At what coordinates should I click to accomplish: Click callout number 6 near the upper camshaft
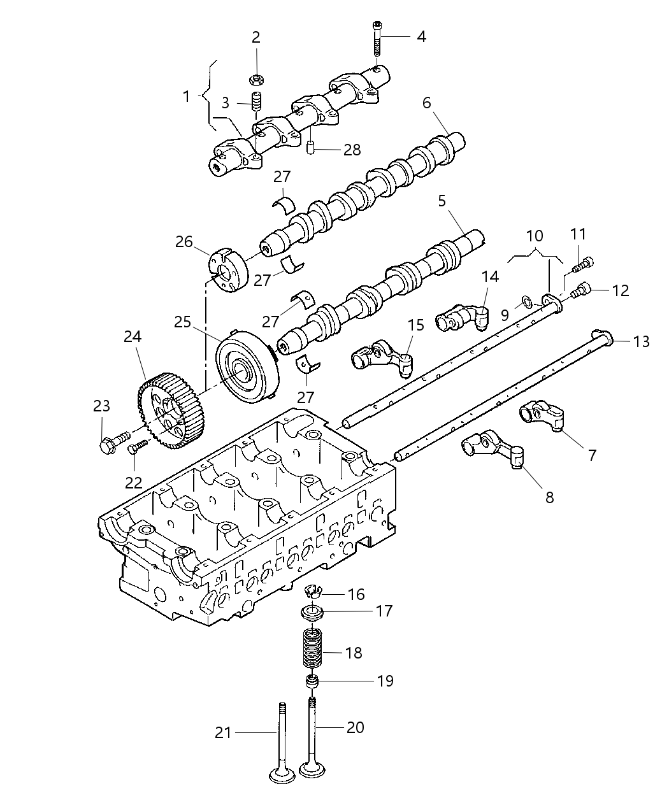coord(426,102)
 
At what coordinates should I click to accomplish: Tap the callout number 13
coord(641,341)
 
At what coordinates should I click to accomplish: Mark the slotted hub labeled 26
coord(228,271)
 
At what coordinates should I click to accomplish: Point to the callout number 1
coord(186,97)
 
